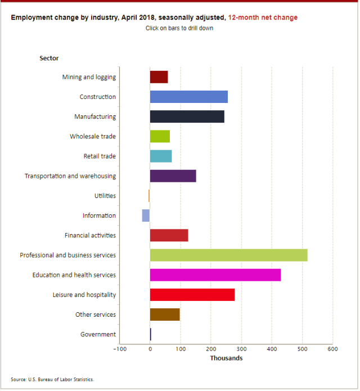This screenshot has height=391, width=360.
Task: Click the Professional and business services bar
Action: tap(228, 255)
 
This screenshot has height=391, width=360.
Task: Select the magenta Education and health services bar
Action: tap(215, 275)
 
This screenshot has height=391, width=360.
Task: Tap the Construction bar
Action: tap(188, 97)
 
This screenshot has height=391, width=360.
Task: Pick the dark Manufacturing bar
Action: tap(187, 116)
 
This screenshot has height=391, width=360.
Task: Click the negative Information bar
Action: tap(146, 215)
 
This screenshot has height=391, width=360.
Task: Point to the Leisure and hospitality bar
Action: tap(192, 295)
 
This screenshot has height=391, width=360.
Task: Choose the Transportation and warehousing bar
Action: tap(173, 176)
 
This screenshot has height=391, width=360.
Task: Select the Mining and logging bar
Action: tap(159, 77)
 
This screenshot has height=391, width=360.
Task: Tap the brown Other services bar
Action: tap(165, 314)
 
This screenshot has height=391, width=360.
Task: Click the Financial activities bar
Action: tap(169, 235)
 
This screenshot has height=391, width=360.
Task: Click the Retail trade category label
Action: tap(100, 156)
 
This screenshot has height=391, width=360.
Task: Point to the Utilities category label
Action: tap(105, 196)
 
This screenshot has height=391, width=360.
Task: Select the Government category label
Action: tap(98, 334)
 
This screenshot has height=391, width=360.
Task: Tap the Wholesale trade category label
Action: tap(93, 137)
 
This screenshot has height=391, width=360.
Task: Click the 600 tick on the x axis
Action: tap(332, 349)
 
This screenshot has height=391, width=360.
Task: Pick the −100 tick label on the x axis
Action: tap(119, 349)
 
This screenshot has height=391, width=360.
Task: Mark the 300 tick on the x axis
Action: tap(241, 349)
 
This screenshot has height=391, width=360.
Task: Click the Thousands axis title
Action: tap(226, 358)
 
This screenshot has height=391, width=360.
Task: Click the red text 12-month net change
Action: tap(263, 17)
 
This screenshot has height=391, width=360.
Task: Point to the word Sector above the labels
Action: tap(49, 58)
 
